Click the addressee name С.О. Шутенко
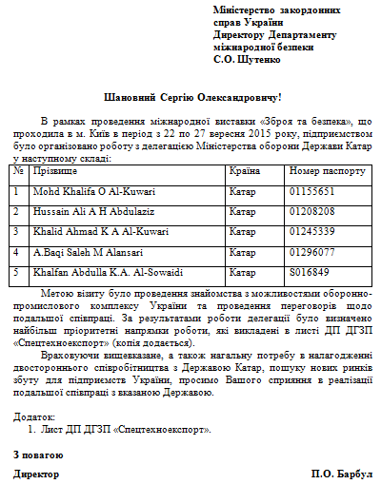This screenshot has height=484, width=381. [247, 60]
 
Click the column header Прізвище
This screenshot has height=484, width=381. [56, 171]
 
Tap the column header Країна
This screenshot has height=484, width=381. [245, 171]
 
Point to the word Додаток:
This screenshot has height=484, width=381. [35, 416]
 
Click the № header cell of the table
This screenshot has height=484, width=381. [19, 171]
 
